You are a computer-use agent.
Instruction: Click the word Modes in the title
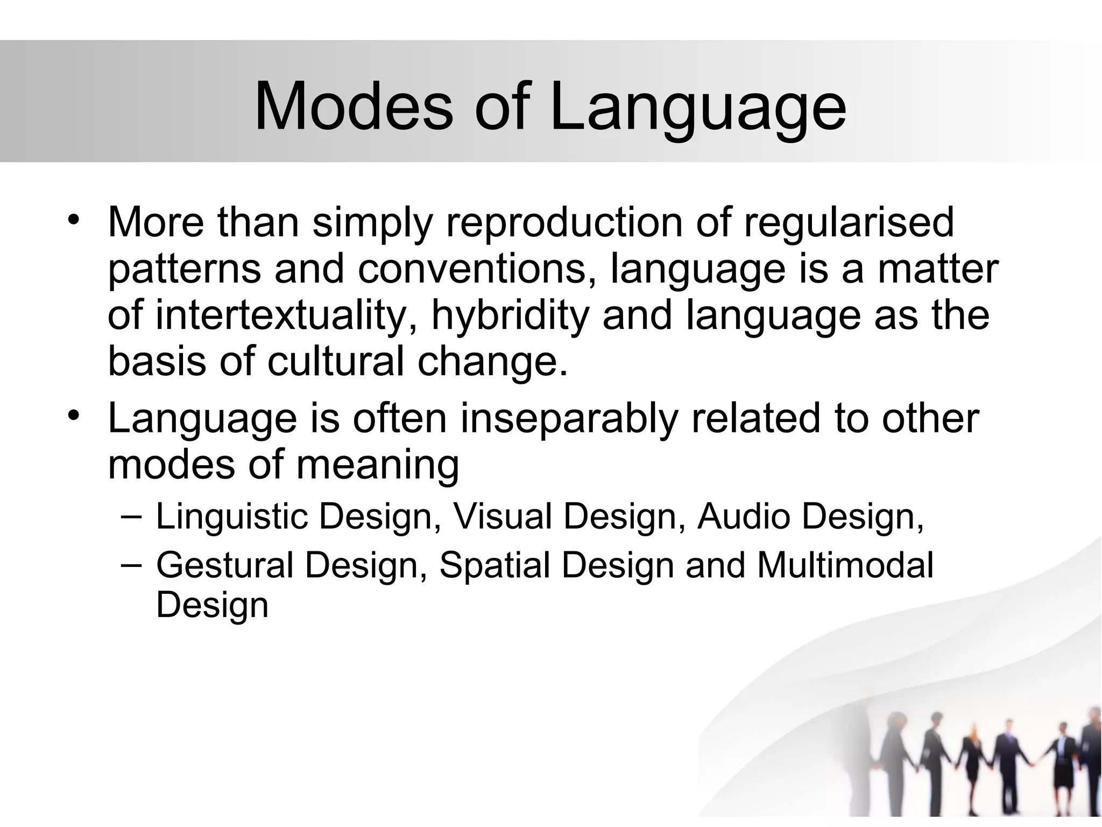(x=354, y=107)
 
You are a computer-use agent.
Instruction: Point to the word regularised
(x=849, y=222)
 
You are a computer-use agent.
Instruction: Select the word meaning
(x=378, y=465)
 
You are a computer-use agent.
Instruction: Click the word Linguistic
(x=231, y=517)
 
